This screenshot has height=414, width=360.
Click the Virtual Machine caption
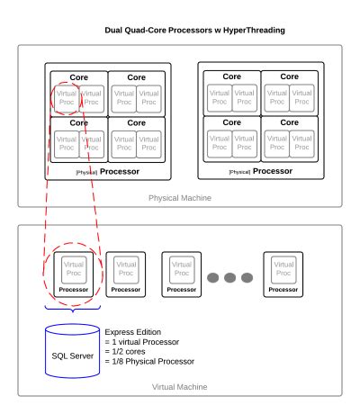tap(178, 385)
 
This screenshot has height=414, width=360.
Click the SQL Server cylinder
tap(72, 346)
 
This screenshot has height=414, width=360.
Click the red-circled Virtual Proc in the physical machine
tap(66, 96)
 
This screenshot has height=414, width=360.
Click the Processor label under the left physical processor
tap(119, 169)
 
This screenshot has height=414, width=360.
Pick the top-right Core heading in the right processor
tap(289, 76)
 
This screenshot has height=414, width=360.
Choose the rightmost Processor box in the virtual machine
tap(283, 274)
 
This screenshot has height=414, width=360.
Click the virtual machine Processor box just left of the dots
tap(182, 274)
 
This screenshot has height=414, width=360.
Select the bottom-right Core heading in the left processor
tap(137, 121)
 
